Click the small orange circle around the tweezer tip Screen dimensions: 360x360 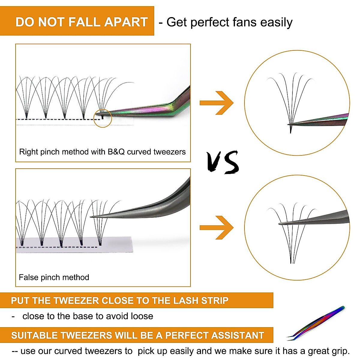[x=103, y=118]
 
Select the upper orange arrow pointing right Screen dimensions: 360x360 [x=217, y=103]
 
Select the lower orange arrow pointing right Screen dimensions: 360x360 [x=217, y=228]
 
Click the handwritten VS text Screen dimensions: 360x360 [x=223, y=162]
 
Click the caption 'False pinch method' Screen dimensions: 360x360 [x=54, y=277]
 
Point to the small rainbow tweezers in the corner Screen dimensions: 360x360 [x=317, y=324]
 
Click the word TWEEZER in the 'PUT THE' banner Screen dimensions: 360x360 [x=76, y=301]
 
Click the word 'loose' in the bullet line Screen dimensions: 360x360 [x=142, y=316]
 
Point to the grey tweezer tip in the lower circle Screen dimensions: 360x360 [x=281, y=223]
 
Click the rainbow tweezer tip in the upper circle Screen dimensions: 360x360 [x=290, y=124]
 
